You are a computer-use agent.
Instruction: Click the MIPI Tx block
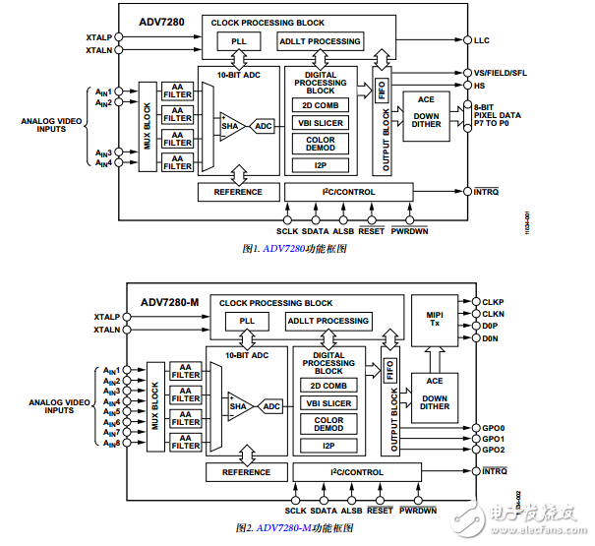[434, 320]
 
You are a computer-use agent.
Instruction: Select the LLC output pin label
[481, 41]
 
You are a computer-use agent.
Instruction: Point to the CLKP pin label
[493, 302]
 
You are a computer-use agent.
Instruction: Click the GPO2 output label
[493, 450]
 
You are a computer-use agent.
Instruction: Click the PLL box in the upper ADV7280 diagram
[239, 41]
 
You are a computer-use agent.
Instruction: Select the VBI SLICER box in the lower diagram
[327, 404]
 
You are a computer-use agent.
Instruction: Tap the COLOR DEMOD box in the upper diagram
[320, 144]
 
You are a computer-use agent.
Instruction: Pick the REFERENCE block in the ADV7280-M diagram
[246, 472]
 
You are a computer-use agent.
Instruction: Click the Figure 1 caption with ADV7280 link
[293, 250]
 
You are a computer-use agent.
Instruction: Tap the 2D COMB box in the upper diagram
[320, 105]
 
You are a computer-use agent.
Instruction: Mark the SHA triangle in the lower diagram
[238, 405]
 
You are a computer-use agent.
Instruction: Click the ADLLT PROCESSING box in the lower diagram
[328, 321]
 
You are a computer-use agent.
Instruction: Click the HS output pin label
[479, 85]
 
